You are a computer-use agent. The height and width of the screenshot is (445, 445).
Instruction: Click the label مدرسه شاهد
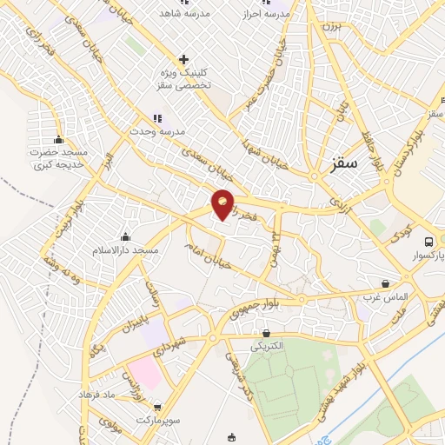tap(180, 13)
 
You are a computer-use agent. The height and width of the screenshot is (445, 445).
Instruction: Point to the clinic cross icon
tap(183, 59)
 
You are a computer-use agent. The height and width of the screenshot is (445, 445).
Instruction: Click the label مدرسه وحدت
tap(156, 130)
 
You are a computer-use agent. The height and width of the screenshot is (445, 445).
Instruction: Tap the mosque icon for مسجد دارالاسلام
tap(126, 237)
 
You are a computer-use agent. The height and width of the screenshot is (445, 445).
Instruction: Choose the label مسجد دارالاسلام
tap(126, 250)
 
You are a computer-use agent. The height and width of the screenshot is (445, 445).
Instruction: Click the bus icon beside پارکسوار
tap(428, 242)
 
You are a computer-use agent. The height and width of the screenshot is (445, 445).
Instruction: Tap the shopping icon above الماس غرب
tap(385, 283)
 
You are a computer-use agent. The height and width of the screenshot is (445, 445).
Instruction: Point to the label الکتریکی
tap(266, 346)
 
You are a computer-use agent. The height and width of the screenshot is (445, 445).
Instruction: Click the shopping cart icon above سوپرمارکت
tap(156, 407)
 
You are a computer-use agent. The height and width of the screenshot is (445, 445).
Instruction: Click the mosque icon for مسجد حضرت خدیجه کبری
tap(59, 139)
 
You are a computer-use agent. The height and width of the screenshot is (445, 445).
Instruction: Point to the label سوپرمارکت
tap(156, 421)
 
